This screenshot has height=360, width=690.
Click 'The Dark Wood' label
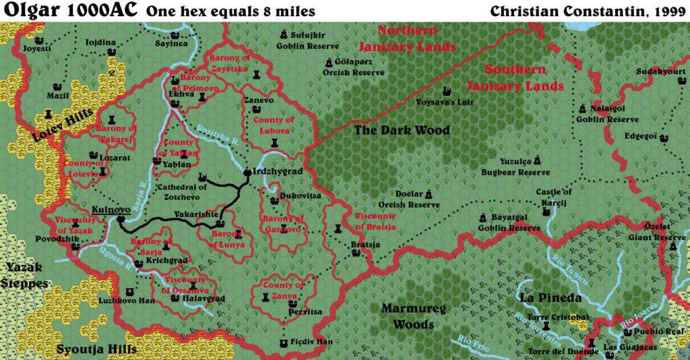click(x=402, y=130)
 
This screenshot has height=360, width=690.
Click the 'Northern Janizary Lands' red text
click(x=407, y=38)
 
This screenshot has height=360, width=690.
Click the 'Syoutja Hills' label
click(x=96, y=349)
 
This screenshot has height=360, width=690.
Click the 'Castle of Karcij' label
click(x=553, y=198)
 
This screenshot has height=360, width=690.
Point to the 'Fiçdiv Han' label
click(x=313, y=342)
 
